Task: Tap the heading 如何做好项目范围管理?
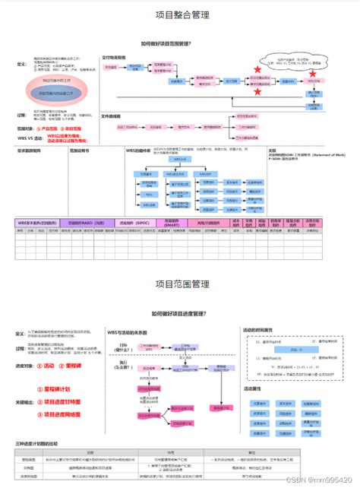coord(179,44)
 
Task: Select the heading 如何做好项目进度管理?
coord(180,313)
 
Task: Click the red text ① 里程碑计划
coord(60,388)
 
